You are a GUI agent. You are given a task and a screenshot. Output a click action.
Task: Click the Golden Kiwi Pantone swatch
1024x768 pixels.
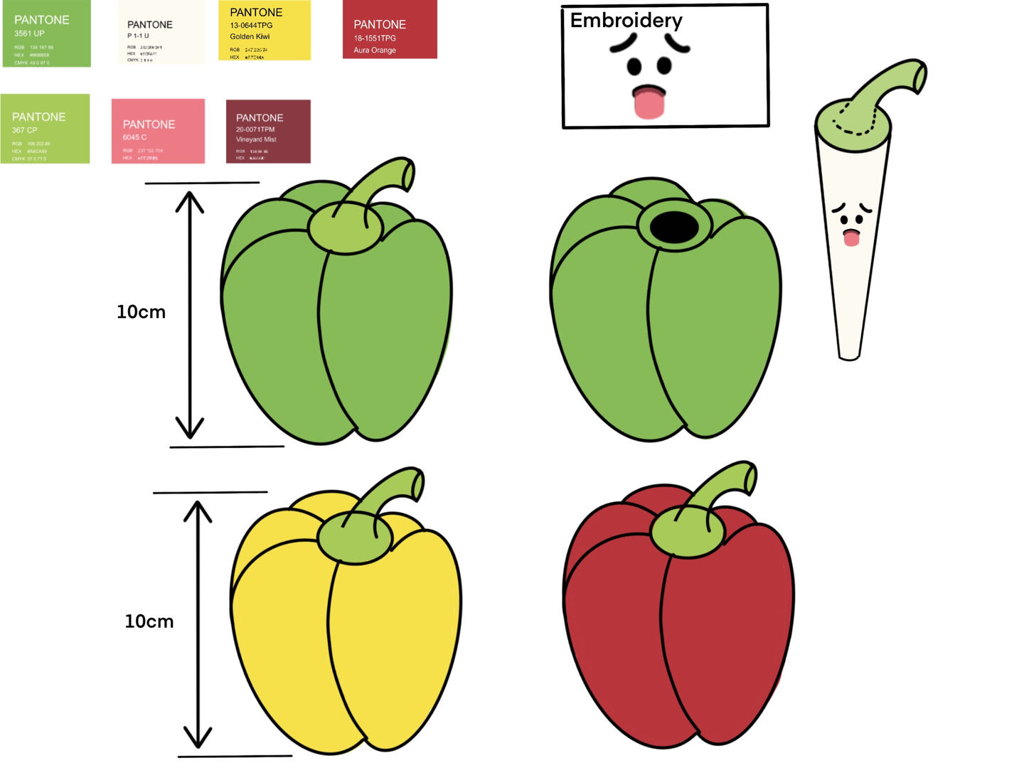coord(264,31)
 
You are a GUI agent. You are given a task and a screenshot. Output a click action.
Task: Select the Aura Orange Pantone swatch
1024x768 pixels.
coord(390,29)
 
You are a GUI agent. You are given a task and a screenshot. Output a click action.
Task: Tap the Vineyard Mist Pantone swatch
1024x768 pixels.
coord(268,132)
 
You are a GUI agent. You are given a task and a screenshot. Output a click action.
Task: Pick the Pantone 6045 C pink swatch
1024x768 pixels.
coord(158,132)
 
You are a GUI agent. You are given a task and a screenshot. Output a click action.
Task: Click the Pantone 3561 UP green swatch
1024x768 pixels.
coord(46,34)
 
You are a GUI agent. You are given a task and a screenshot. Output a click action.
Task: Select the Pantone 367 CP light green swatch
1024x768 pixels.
coord(45,129)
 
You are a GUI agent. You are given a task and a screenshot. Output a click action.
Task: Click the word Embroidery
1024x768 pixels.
coord(626,21)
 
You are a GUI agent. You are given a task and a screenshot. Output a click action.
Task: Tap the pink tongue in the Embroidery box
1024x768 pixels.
coord(649,102)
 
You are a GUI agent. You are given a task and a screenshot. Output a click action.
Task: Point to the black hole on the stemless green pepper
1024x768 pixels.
coord(675,227)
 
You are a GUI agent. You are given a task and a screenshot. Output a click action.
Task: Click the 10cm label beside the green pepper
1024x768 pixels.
coord(141,312)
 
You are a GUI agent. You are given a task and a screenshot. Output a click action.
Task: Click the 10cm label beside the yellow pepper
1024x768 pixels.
coord(149,622)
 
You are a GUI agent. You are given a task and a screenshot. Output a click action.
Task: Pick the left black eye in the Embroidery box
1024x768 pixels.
coord(634,67)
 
